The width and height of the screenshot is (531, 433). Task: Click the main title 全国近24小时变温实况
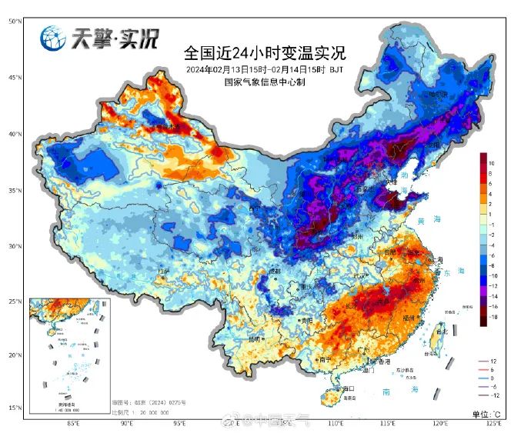(264, 54)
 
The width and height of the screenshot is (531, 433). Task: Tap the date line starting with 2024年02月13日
(264, 69)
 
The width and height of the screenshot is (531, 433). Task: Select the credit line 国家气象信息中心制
(264, 82)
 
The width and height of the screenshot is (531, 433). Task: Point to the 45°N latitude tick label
(15, 78)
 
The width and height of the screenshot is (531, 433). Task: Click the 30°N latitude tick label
(15, 246)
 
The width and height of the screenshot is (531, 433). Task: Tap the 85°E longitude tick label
(74, 423)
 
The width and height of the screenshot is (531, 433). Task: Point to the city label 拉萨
(162, 271)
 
